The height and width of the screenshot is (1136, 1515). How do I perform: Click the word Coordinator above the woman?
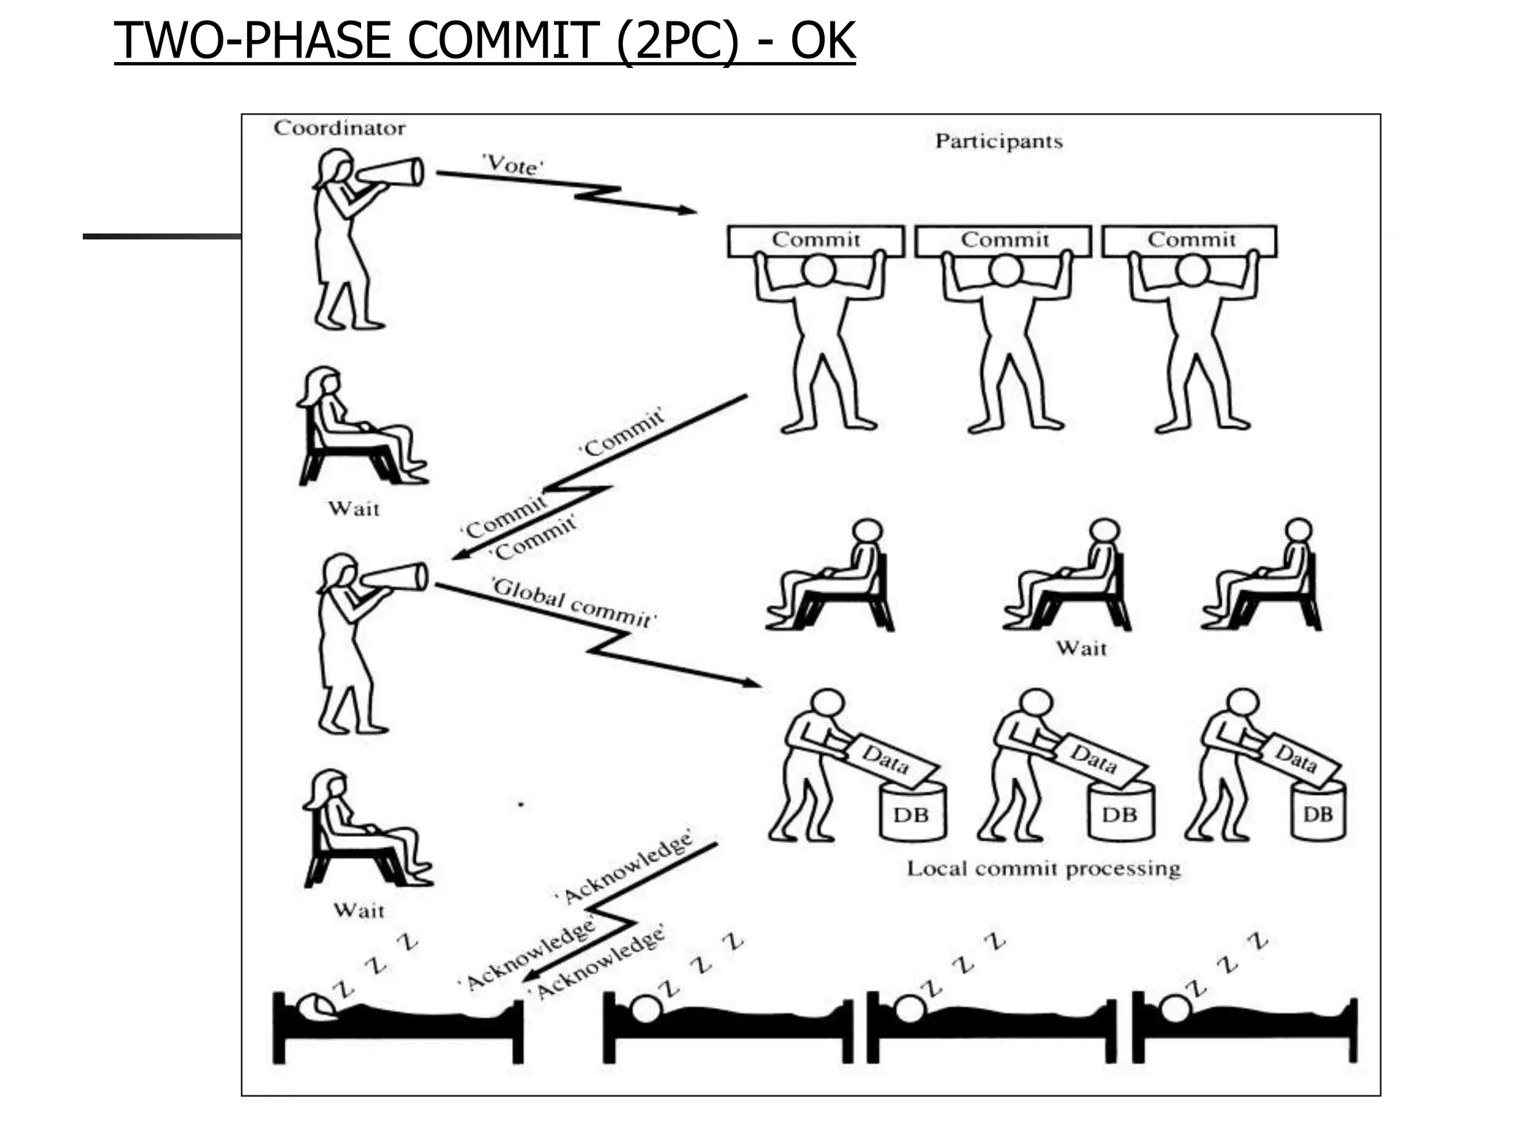(340, 128)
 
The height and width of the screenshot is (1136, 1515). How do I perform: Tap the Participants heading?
(998, 141)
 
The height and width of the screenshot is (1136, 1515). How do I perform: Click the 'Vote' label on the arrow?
(513, 164)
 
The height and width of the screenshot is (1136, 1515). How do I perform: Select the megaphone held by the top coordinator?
(389, 174)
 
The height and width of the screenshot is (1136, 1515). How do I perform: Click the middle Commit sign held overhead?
(1004, 240)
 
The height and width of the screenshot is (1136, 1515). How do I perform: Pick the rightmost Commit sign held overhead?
(1190, 240)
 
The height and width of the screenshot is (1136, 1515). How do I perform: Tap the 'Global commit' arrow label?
(574, 603)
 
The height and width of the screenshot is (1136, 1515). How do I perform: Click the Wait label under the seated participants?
(1081, 649)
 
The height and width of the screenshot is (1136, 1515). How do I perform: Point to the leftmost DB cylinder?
(912, 812)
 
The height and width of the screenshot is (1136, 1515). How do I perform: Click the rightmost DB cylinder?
(1317, 812)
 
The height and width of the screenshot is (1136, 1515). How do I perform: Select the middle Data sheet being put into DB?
(1095, 759)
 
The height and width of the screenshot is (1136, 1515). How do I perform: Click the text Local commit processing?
(1043, 868)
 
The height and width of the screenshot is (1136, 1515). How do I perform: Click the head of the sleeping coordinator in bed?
(315, 1007)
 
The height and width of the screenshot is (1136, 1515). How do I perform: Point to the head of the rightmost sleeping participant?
(1175, 1008)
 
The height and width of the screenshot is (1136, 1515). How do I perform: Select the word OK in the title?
(823, 41)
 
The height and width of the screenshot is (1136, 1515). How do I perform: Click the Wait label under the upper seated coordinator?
(354, 509)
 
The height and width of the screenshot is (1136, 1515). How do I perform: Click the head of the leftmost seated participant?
(867, 531)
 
